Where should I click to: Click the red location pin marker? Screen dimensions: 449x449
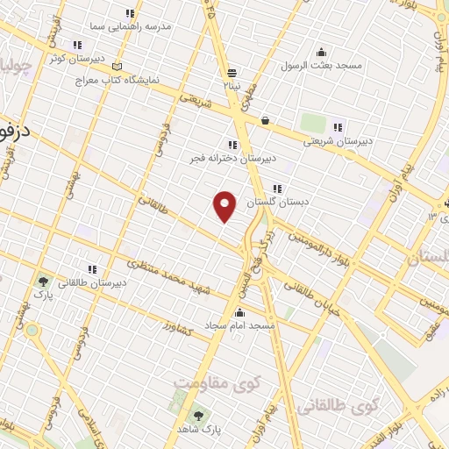pyautogui.click(x=225, y=205)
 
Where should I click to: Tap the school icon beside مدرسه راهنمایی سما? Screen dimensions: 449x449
pyautogui.click(x=131, y=13)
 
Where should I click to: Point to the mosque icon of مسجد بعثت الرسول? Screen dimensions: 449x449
pyautogui.click(x=322, y=51)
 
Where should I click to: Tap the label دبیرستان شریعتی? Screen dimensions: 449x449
pyautogui.click(x=338, y=141)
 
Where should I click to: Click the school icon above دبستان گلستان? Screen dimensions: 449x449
pyautogui.click(x=277, y=188)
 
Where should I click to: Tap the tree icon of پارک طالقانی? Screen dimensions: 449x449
pyautogui.click(x=41, y=282)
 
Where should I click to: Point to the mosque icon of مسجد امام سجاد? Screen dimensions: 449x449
pyautogui.click(x=239, y=311)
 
